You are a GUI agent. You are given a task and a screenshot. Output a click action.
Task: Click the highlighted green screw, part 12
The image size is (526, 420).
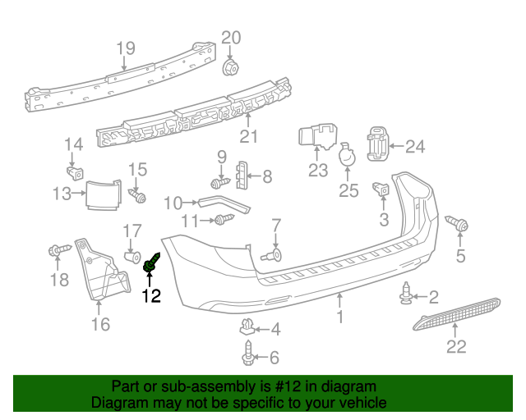tap(151, 265)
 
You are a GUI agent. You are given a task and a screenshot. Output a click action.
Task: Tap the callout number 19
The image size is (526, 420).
tap(125, 48)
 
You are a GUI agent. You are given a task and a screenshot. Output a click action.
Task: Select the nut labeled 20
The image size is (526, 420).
tap(231, 65)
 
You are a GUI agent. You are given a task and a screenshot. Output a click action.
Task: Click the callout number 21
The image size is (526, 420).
tap(248, 137)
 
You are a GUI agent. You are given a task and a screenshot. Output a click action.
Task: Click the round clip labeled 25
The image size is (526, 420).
tap(348, 155)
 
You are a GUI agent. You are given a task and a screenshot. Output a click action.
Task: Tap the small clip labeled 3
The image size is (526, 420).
tap(381, 190)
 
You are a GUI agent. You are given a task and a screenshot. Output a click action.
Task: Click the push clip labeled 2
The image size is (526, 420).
tap(407, 294)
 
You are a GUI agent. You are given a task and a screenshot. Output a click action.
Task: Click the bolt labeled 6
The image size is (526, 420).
tap(248, 355)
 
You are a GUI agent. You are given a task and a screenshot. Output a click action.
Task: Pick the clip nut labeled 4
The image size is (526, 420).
tap(247, 327)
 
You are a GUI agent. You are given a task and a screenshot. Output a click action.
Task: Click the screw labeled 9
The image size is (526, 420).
tap(219, 183)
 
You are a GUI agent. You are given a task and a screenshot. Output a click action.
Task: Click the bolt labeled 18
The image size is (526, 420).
tap(58, 249)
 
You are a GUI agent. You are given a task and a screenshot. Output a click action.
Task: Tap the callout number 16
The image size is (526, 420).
tap(99, 326)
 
